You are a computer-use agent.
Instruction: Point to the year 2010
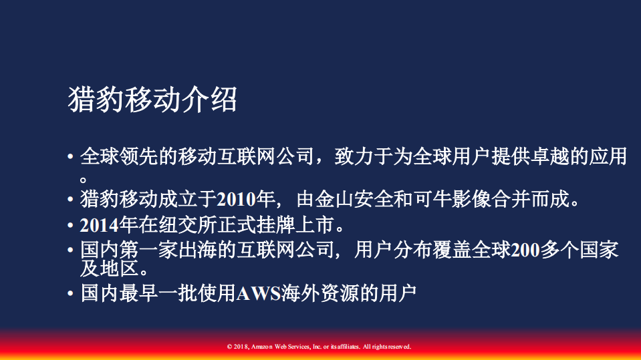(x=238, y=199)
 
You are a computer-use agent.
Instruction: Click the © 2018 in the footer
(x=239, y=347)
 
